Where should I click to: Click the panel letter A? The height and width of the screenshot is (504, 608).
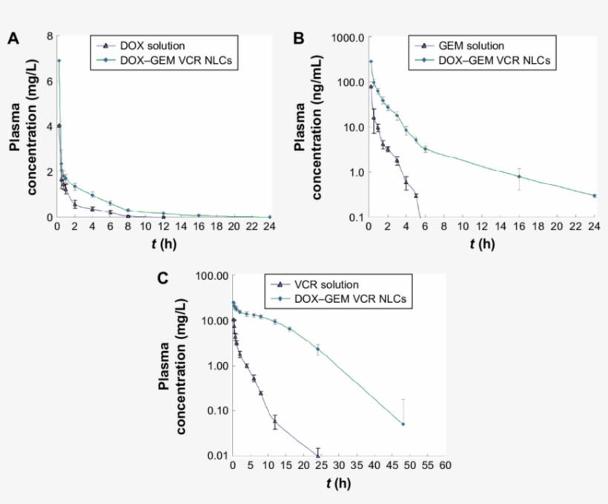[13, 39]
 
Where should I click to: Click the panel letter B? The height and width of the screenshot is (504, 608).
[300, 39]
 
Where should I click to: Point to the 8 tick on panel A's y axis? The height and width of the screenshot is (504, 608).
[49, 36]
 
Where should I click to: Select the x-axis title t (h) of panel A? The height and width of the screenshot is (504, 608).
[164, 243]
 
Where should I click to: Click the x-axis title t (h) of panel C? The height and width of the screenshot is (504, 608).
[338, 483]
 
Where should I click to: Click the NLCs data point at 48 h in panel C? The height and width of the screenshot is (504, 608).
[403, 424]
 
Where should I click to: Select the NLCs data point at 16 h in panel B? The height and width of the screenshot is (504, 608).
[519, 177]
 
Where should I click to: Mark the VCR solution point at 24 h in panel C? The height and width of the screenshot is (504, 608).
[318, 455]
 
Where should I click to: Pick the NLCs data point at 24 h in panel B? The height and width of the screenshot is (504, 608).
[594, 195]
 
